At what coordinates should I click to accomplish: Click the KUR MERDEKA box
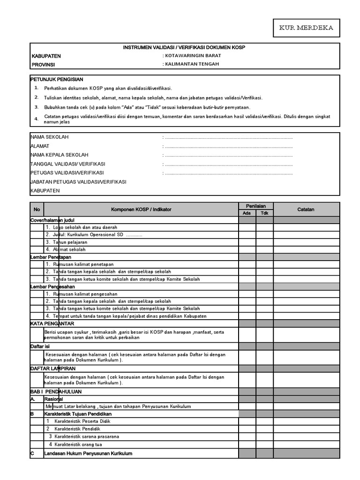point(307,28)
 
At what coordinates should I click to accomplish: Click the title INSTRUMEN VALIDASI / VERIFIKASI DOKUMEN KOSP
point(184,48)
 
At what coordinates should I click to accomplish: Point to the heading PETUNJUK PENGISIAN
point(57,80)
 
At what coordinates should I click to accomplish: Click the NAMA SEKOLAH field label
point(49,137)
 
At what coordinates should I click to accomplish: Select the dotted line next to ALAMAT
point(229,147)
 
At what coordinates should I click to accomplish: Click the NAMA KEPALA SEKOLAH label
point(59,155)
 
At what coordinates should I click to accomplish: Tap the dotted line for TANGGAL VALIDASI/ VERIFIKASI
point(229,165)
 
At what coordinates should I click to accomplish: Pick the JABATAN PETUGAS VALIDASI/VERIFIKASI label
point(78,182)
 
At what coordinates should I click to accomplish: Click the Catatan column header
point(306,210)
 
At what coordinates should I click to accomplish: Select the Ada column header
point(247,213)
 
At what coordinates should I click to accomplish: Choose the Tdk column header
point(264,213)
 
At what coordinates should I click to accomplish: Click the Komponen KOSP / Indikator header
point(141,210)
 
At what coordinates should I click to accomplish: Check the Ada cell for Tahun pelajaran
point(247,242)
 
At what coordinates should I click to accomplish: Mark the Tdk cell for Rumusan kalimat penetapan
point(264,264)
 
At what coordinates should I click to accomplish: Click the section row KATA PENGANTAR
point(52,323)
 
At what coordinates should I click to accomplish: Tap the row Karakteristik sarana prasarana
point(86,436)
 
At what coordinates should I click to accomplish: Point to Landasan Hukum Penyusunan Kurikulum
point(88,453)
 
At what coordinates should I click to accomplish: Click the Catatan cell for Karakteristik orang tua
point(306,444)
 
